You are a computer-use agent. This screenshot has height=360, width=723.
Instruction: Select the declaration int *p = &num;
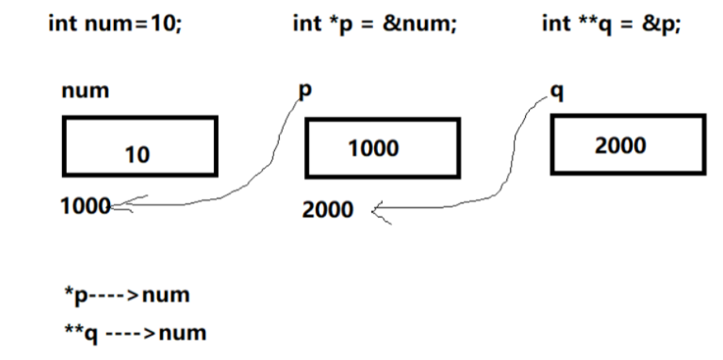tap(374, 24)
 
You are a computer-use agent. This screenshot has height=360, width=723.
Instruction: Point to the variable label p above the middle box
tap(304, 90)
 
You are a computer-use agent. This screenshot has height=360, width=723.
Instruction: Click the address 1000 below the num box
tap(86, 206)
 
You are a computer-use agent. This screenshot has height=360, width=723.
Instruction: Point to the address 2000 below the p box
tap(328, 210)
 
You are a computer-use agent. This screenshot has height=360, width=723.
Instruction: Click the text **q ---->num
tap(134, 332)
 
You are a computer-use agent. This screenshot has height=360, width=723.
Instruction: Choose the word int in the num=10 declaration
tap(61, 24)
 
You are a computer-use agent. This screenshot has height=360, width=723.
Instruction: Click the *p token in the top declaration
tap(339, 24)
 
